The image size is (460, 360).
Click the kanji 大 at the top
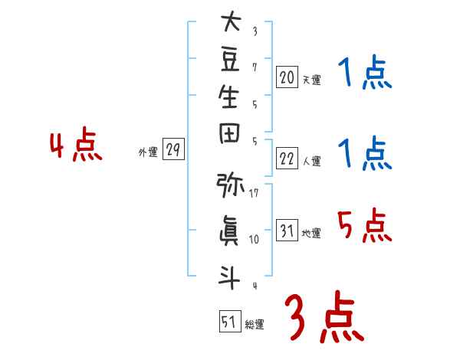pos(231,21)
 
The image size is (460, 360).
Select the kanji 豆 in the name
pos(230,60)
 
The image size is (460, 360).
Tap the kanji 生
pos(228,97)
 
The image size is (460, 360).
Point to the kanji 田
pos(229,133)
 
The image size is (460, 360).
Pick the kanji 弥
pos(230,185)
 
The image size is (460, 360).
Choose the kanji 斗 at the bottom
pos(229,277)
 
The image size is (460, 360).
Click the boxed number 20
pos(287,77)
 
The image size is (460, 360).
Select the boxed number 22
pos(287,159)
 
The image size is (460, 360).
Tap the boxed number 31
pos(287,230)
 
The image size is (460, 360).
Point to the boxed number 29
pos(173,149)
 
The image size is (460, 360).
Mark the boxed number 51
pos(230,321)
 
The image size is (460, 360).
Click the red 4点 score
pos(76,144)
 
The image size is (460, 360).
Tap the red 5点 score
pos(365,225)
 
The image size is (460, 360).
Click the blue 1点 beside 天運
pos(365,72)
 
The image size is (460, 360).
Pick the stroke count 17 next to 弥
pos(254,193)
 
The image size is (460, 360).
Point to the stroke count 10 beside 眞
pos(254,239)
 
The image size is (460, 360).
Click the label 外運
pos(148,152)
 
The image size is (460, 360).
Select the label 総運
pos(255,325)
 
